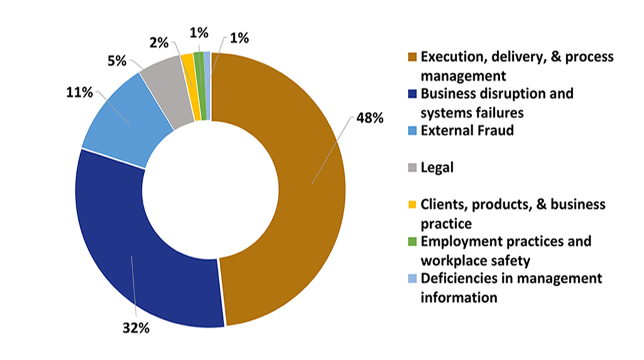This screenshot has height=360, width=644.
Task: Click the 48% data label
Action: click(369, 119)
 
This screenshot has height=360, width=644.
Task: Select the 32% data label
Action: click(136, 328)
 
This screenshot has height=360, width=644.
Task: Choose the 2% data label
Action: click(159, 43)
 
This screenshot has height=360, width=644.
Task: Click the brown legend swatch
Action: click(412, 57)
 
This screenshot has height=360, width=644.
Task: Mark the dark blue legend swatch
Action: click(412, 95)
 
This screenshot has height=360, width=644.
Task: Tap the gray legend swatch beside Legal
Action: click(412, 168)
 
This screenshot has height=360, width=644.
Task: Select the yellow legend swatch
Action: click(412, 205)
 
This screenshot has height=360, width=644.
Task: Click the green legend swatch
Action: click(412, 242)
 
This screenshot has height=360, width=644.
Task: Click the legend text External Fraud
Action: click(467, 131)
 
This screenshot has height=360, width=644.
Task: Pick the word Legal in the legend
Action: click(438, 168)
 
